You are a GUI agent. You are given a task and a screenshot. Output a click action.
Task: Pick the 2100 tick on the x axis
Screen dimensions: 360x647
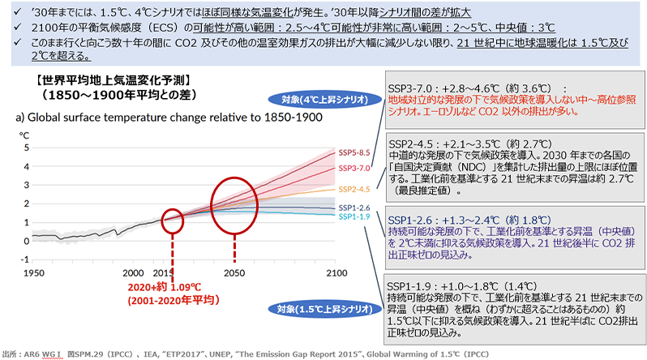(x=335, y=272)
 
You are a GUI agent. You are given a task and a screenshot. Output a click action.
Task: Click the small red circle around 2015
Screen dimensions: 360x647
(x=173, y=219)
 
